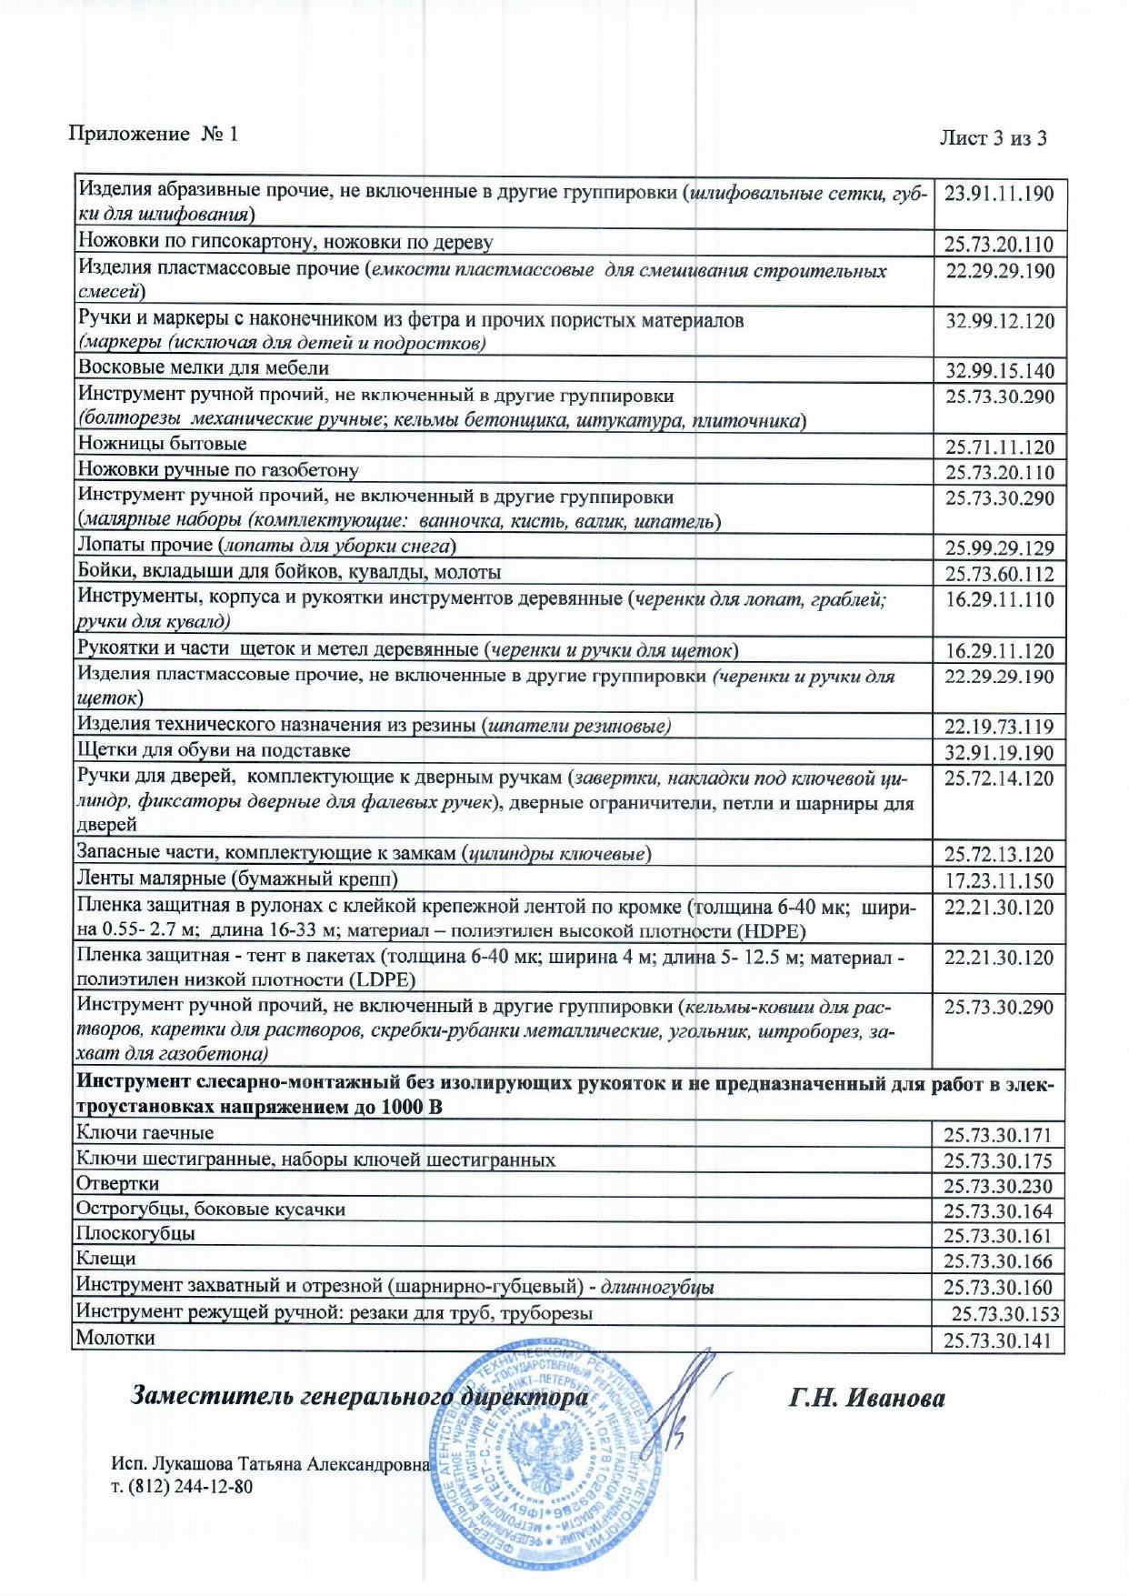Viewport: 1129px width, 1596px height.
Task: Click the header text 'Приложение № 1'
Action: pyautogui.click(x=153, y=134)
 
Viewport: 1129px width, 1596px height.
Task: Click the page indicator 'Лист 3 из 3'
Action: pyautogui.click(x=993, y=138)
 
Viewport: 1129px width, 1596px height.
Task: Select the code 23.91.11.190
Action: pyautogui.click(x=999, y=194)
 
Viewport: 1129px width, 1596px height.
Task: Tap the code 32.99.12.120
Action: pyautogui.click(x=999, y=321)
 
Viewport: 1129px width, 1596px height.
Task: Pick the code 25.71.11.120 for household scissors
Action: pyautogui.click(x=999, y=447)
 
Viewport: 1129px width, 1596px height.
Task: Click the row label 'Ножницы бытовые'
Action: pyautogui.click(x=162, y=444)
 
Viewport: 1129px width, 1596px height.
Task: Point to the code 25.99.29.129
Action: pyautogui.click(x=999, y=548)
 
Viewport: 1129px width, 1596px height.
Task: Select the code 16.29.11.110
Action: pyautogui.click(x=999, y=600)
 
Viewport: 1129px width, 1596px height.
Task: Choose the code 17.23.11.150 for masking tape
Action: pyautogui.click(x=999, y=881)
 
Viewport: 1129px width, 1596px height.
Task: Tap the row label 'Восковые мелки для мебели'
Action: pyautogui.click(x=203, y=368)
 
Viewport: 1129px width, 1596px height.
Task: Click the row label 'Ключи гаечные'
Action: pyautogui.click(x=145, y=1133)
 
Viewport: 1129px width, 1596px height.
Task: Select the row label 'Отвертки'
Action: pyautogui.click(x=117, y=1184)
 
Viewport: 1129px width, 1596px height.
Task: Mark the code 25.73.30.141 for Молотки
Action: pyautogui.click(x=997, y=1341)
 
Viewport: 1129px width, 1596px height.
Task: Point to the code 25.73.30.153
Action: pyautogui.click(x=1004, y=1315)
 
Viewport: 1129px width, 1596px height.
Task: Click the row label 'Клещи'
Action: pyautogui.click(x=106, y=1260)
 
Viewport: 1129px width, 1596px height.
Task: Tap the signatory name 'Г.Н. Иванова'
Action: pyautogui.click(x=866, y=1399)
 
